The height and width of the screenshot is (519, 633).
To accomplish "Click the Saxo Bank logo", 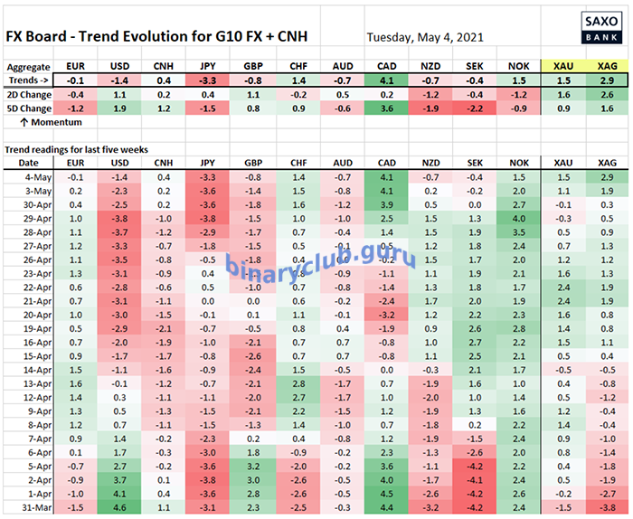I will pos(598,26).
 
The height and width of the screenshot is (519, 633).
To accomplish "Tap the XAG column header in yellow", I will pos(606,66).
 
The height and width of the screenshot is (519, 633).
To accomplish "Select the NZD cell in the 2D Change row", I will pos(430,94).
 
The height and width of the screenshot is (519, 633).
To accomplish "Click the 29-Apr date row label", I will pos(42,220).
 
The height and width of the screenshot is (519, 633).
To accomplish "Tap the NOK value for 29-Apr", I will pos(517,220).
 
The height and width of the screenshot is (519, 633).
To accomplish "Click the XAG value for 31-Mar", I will pos(606,509).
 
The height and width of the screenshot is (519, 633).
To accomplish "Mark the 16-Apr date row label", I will pos(42,343).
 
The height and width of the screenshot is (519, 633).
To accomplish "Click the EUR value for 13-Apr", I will pos(76,383).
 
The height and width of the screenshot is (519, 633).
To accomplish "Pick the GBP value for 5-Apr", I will pos(252,467).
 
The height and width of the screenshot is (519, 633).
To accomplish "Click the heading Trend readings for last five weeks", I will pos(76,148).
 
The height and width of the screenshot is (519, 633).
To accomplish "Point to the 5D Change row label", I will pos(30,109).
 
